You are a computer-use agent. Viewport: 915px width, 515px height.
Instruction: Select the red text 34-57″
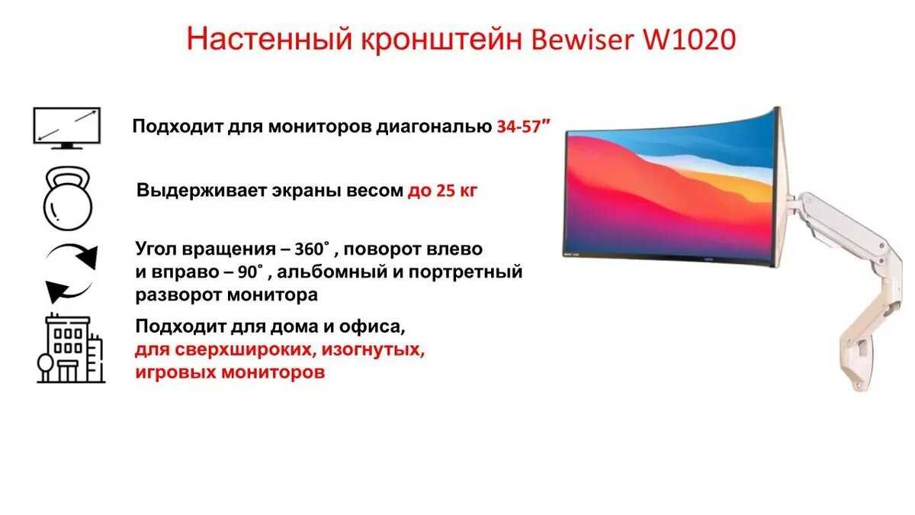coord(524,127)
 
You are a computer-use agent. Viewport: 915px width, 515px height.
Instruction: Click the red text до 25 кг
coord(442,190)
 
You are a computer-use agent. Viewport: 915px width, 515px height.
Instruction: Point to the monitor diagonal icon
coord(67,127)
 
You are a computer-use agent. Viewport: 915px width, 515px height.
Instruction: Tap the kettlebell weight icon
coord(67,198)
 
